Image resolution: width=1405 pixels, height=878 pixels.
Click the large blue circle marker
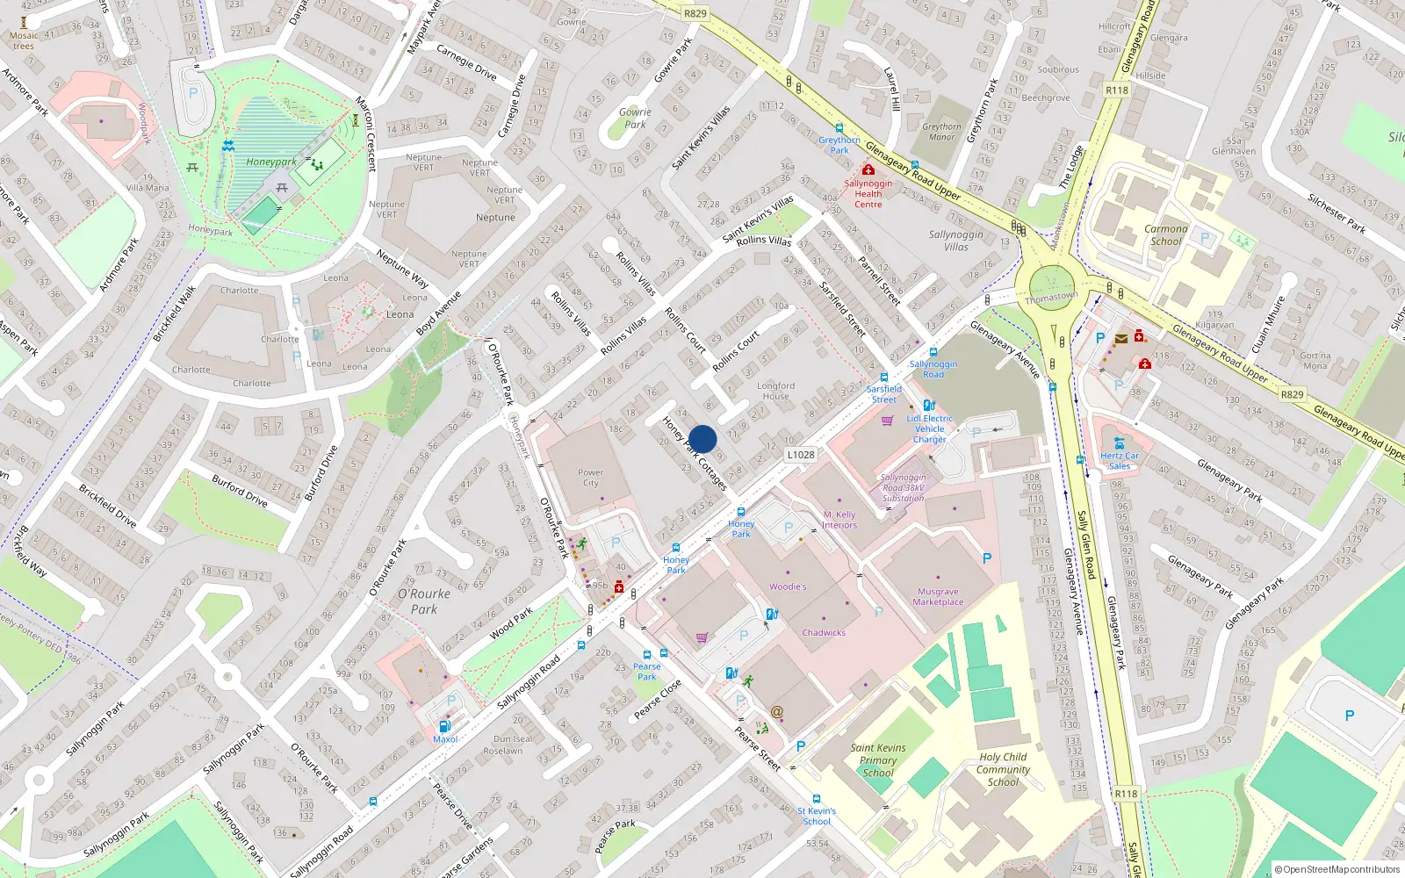[x=702, y=439]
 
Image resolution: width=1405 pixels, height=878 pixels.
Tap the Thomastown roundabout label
[x=1051, y=298]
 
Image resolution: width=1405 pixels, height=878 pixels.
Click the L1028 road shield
[x=800, y=455]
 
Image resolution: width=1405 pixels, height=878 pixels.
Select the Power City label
[x=590, y=478]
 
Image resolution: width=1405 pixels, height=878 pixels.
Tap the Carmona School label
[x=1165, y=234]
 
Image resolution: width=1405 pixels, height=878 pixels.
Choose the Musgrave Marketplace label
[x=938, y=597]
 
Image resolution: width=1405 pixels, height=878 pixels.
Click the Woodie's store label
[x=788, y=587]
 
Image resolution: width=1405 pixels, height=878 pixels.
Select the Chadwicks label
[x=824, y=632]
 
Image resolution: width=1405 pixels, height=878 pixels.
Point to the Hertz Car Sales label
[x=1119, y=461]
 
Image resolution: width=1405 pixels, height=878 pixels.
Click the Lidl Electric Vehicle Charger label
[x=929, y=428]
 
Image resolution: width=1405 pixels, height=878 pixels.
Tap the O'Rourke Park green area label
[x=424, y=601]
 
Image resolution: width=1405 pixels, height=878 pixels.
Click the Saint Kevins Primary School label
[x=877, y=760]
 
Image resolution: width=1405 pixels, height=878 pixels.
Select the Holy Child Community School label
[x=1003, y=769]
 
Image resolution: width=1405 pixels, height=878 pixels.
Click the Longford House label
[x=775, y=391]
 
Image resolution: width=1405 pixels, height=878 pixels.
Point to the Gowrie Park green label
[x=635, y=118]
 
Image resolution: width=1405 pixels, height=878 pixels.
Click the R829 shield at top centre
[x=695, y=13]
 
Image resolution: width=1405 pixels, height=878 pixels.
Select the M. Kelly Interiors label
[x=839, y=520]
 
